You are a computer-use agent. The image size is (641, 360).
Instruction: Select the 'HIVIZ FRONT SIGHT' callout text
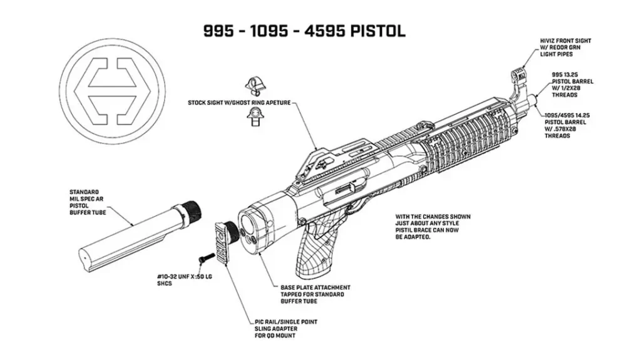coord(565,48)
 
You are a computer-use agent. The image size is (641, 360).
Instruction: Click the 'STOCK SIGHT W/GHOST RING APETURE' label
coord(239,102)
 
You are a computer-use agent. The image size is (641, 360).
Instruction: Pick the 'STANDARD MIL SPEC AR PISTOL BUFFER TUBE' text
coord(87,202)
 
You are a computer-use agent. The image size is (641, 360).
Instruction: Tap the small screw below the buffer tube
coord(203,258)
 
